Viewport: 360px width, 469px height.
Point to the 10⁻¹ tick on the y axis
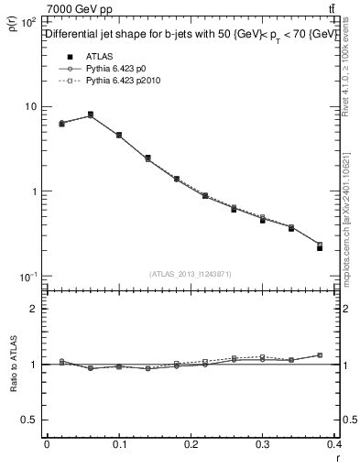point(28,277)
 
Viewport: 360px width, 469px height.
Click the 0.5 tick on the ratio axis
point(30,420)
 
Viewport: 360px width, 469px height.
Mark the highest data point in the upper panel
point(90,115)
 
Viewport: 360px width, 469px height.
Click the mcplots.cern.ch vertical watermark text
point(352,215)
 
